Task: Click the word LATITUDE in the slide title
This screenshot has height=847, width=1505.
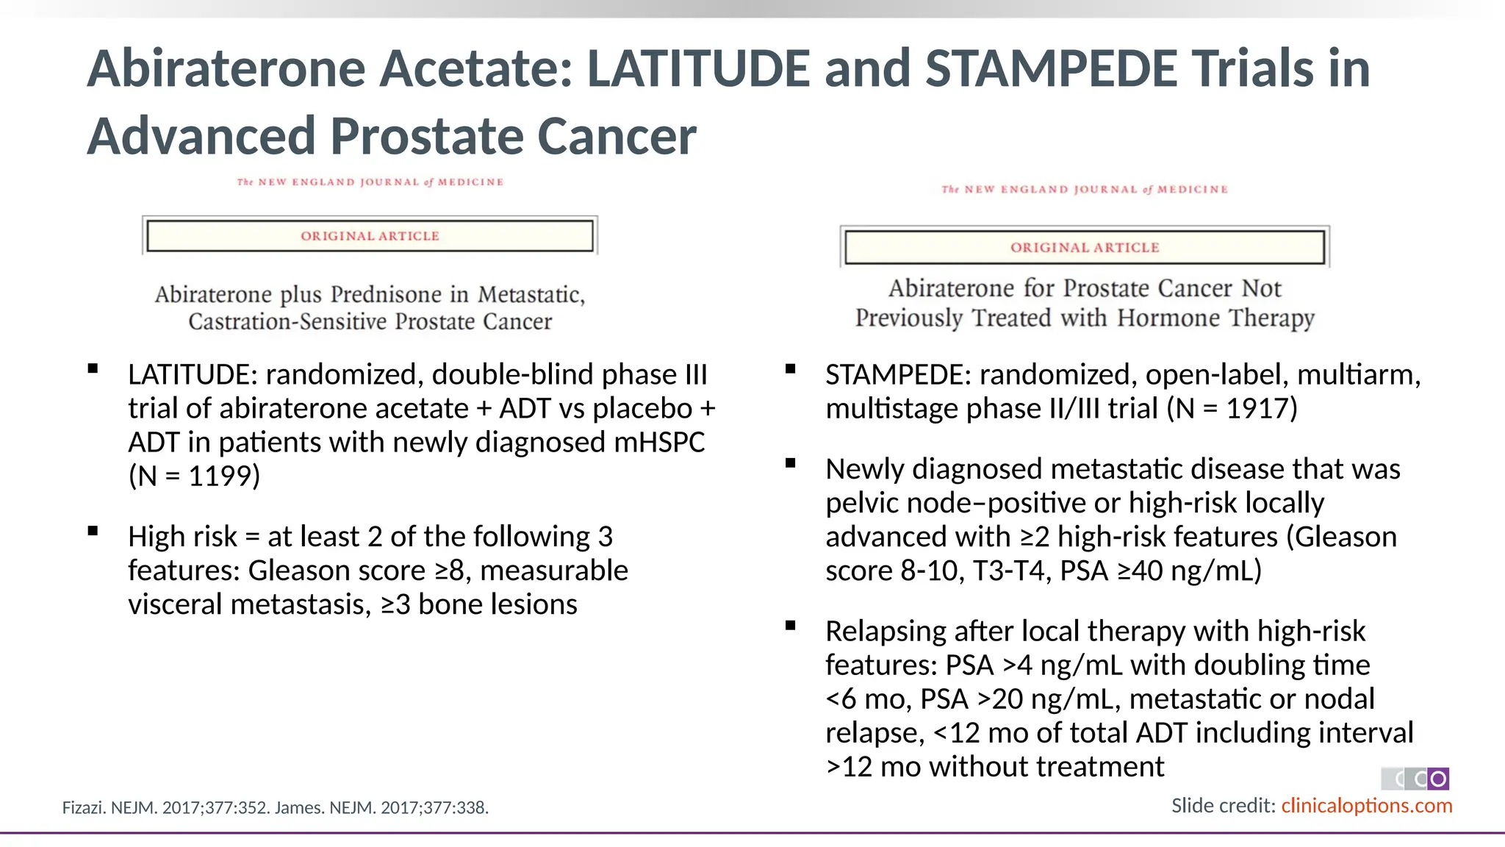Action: click(698, 68)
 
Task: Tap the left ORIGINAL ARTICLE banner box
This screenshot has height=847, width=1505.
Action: click(370, 236)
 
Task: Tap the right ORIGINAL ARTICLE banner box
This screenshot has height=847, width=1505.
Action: click(1085, 248)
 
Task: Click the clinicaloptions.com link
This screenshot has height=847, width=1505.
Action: click(1367, 806)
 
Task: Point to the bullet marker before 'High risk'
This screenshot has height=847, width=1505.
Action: click(93, 532)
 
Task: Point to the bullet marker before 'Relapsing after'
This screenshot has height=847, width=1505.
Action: click(791, 626)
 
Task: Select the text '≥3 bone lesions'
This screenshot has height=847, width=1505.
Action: click(479, 605)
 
